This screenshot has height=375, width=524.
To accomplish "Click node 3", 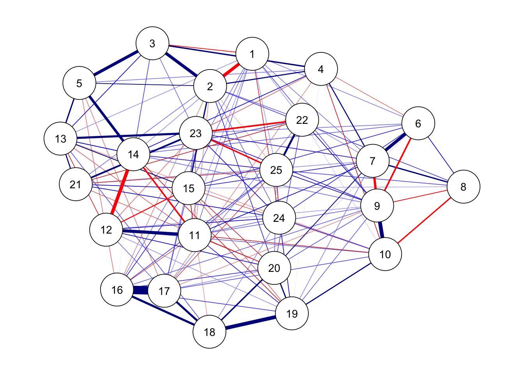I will (x=152, y=43).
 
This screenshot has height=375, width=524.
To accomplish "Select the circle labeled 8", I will (x=463, y=187).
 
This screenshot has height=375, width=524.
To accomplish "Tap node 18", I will (x=209, y=332).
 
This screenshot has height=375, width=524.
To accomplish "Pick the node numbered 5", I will (x=79, y=83).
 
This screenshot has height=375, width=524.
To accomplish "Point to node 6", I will (x=418, y=123).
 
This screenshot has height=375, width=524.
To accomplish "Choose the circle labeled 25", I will (x=276, y=170).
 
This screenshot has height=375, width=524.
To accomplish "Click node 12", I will (x=106, y=230).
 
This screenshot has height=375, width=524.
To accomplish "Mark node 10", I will (x=385, y=254).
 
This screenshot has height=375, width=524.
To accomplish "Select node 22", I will (x=302, y=120).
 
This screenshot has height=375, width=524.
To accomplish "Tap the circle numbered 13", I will (x=60, y=139).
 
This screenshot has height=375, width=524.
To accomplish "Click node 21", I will (x=75, y=184).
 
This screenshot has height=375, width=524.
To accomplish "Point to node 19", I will (x=292, y=314).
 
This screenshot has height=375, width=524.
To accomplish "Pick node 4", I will (x=320, y=69).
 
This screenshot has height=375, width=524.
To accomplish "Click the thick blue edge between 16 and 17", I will (x=141, y=290).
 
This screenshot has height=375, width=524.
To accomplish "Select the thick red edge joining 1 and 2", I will (x=231, y=70).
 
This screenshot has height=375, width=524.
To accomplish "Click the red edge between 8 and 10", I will (x=424, y=221).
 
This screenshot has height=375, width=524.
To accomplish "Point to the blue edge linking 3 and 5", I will (x=116, y=63).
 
